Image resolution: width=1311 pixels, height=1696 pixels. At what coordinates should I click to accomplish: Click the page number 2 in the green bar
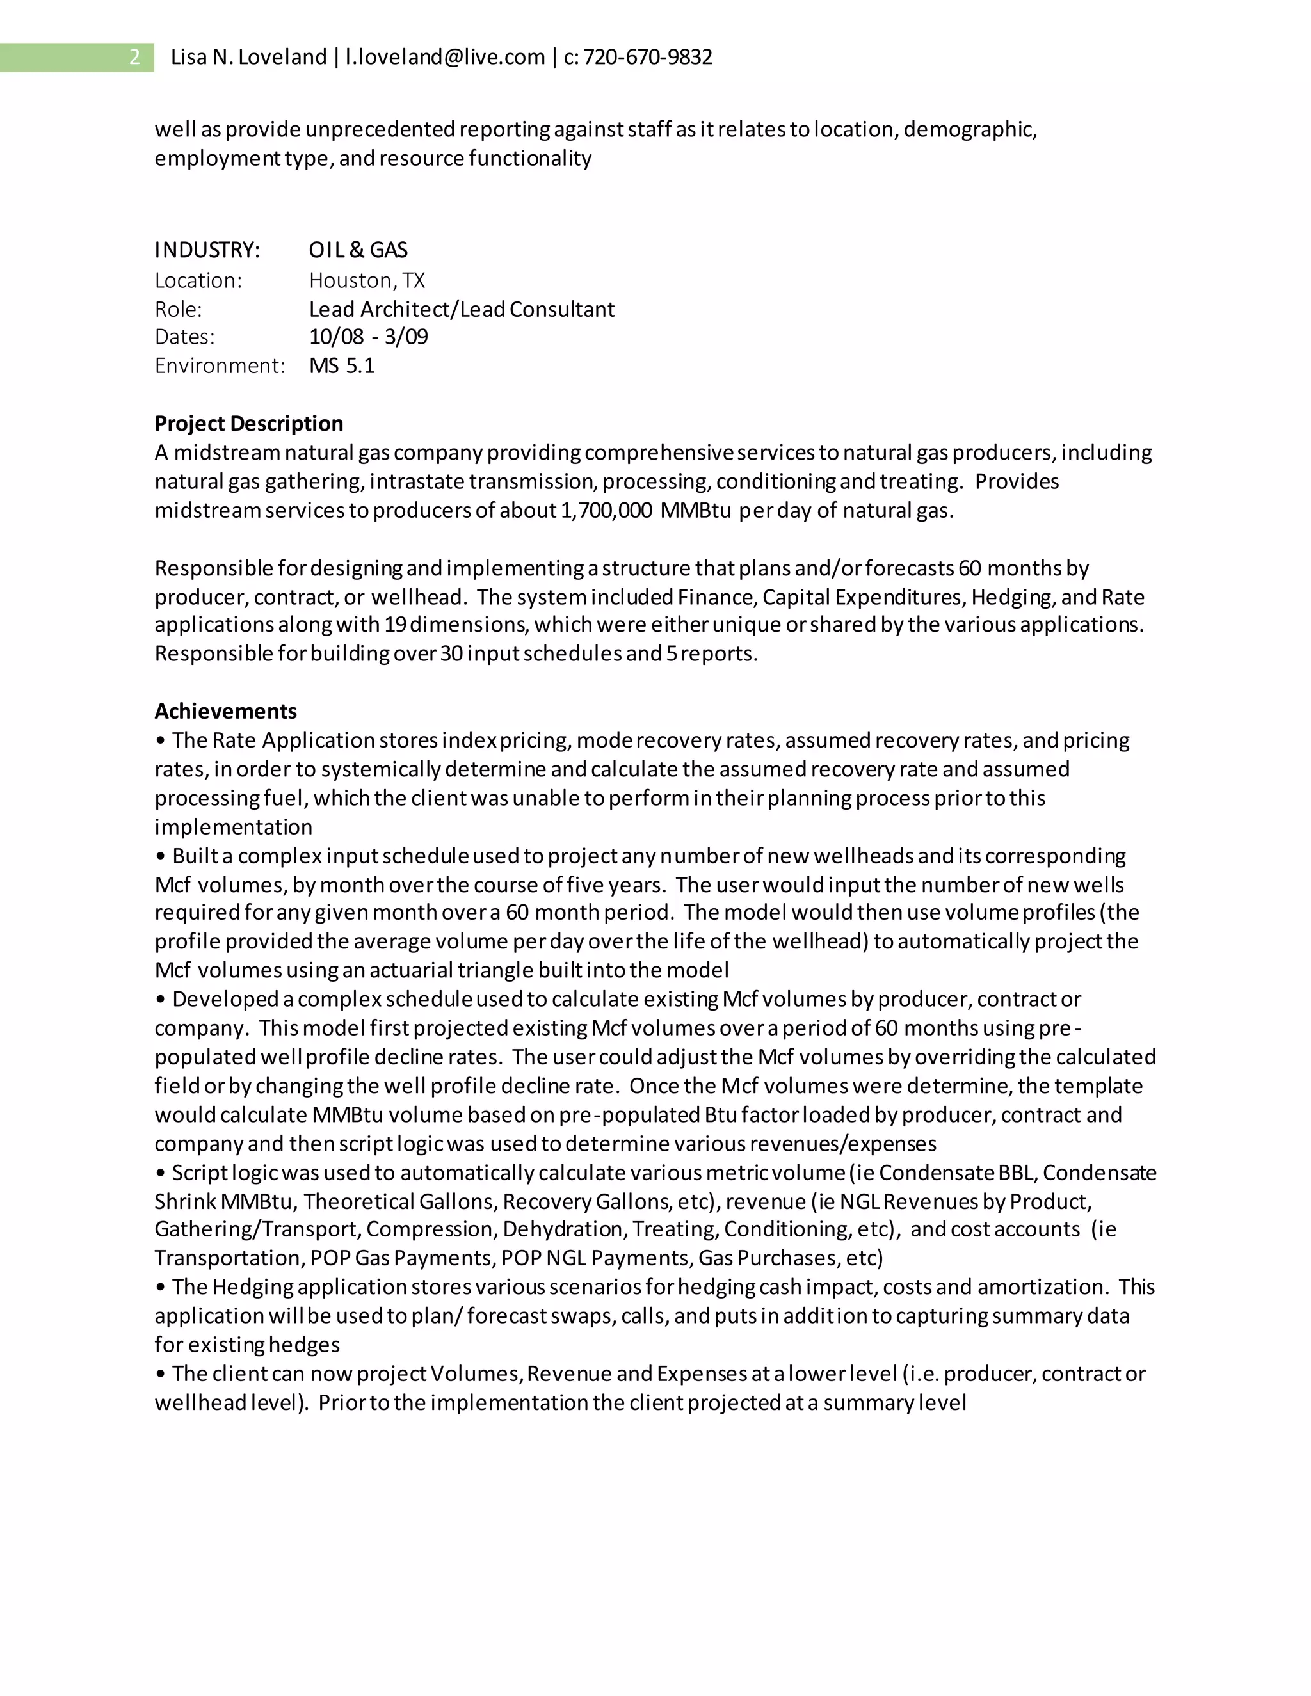(x=134, y=57)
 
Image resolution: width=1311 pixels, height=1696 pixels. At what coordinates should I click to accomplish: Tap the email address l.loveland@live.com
(x=445, y=57)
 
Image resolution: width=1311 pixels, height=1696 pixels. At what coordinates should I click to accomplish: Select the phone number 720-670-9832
(x=648, y=57)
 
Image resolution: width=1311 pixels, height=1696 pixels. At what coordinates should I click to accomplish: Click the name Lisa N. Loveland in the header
(x=248, y=57)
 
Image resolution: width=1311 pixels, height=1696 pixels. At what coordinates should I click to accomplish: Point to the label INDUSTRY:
(x=207, y=250)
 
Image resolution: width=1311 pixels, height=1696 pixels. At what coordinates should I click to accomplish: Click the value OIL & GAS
(x=358, y=250)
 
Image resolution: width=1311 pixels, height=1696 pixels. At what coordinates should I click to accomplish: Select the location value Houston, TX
(x=367, y=280)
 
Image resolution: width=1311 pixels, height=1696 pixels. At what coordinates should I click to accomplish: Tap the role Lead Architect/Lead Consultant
(x=462, y=309)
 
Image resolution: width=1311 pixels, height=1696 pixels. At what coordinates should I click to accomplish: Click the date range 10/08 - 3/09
(x=368, y=337)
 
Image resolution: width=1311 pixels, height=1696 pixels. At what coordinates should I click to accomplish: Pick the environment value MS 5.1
(x=342, y=365)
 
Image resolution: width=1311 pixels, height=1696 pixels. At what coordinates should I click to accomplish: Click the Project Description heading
(x=248, y=423)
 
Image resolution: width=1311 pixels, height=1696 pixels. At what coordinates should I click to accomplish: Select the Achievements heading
(x=225, y=711)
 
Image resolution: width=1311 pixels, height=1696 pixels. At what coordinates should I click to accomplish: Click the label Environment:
(x=220, y=365)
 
